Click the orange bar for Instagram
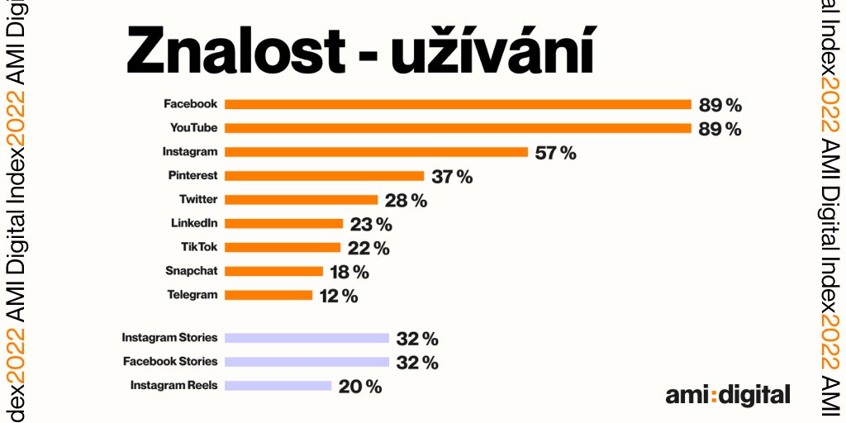(376, 152)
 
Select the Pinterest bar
(324, 176)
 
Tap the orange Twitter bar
(301, 200)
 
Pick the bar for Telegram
(269, 295)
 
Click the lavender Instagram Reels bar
(278, 385)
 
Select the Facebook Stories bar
(307, 362)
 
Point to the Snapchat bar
(273, 271)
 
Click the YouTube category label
(193, 128)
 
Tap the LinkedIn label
(194, 223)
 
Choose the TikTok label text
(199, 247)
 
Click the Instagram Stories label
(169, 338)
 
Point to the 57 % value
(555, 153)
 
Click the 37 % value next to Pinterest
(451, 177)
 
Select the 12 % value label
(339, 296)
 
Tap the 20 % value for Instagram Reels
(359, 386)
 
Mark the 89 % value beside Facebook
(720, 105)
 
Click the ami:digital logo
(728, 395)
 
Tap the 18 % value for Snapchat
(349, 272)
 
